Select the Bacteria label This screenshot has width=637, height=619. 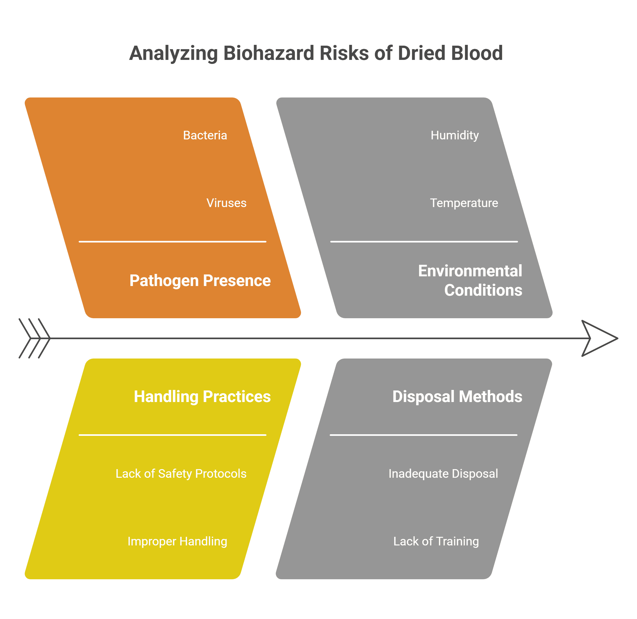coord(205,135)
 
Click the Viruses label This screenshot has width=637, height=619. coord(226,203)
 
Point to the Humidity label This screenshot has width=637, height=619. coord(455,135)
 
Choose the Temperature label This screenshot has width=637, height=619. coord(464,203)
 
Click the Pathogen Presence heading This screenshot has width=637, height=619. coord(200,281)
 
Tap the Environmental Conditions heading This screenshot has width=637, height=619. coord(470,280)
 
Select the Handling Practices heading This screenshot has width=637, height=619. coord(202,397)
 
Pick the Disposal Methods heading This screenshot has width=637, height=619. coord(457,397)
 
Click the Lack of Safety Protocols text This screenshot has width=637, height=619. coord(181,474)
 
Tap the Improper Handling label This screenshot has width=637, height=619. coord(177,541)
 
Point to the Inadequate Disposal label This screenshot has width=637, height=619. coord(443,474)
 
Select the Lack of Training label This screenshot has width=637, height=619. coord(436,541)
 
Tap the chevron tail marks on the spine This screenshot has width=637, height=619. coord(34,338)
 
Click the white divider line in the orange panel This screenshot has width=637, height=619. coord(173,241)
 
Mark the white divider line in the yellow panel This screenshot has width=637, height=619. coord(173,435)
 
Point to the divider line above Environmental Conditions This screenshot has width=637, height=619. coord(424,241)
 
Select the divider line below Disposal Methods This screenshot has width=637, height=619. coord(424,435)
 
